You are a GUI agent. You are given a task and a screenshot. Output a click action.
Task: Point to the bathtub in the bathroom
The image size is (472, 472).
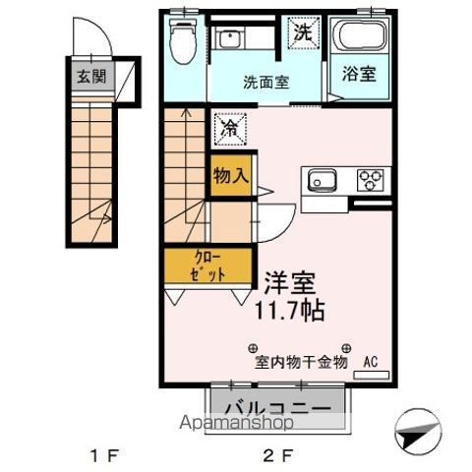[x=360, y=38]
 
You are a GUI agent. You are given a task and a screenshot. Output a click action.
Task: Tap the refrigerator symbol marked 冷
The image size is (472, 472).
[x=228, y=127]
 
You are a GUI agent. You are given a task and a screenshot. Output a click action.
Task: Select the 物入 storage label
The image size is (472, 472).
[x=230, y=177]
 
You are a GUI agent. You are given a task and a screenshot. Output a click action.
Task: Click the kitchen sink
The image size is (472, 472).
[x=324, y=180]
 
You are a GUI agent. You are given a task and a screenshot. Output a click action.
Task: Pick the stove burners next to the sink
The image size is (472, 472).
[x=372, y=180]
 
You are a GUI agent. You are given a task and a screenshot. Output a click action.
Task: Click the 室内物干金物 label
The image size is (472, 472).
[x=302, y=361]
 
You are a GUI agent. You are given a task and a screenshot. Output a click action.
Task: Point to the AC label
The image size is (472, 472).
[x=371, y=361]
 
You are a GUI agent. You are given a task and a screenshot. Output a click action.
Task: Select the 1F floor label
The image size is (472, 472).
[x=103, y=455]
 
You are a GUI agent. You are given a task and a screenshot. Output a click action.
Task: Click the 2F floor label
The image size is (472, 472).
[x=279, y=455]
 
